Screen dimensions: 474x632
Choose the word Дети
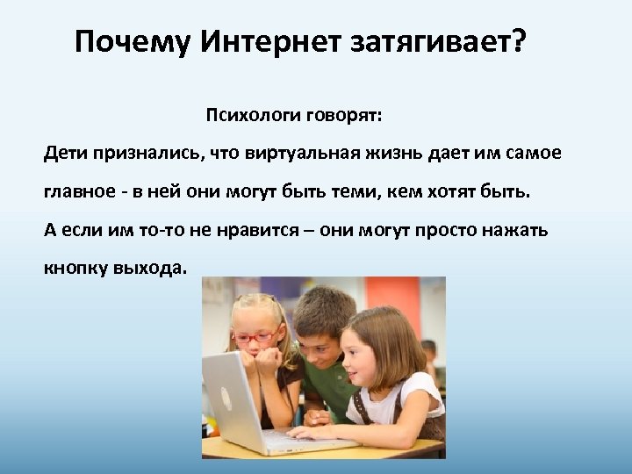64,154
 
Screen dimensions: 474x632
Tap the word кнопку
75,269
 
